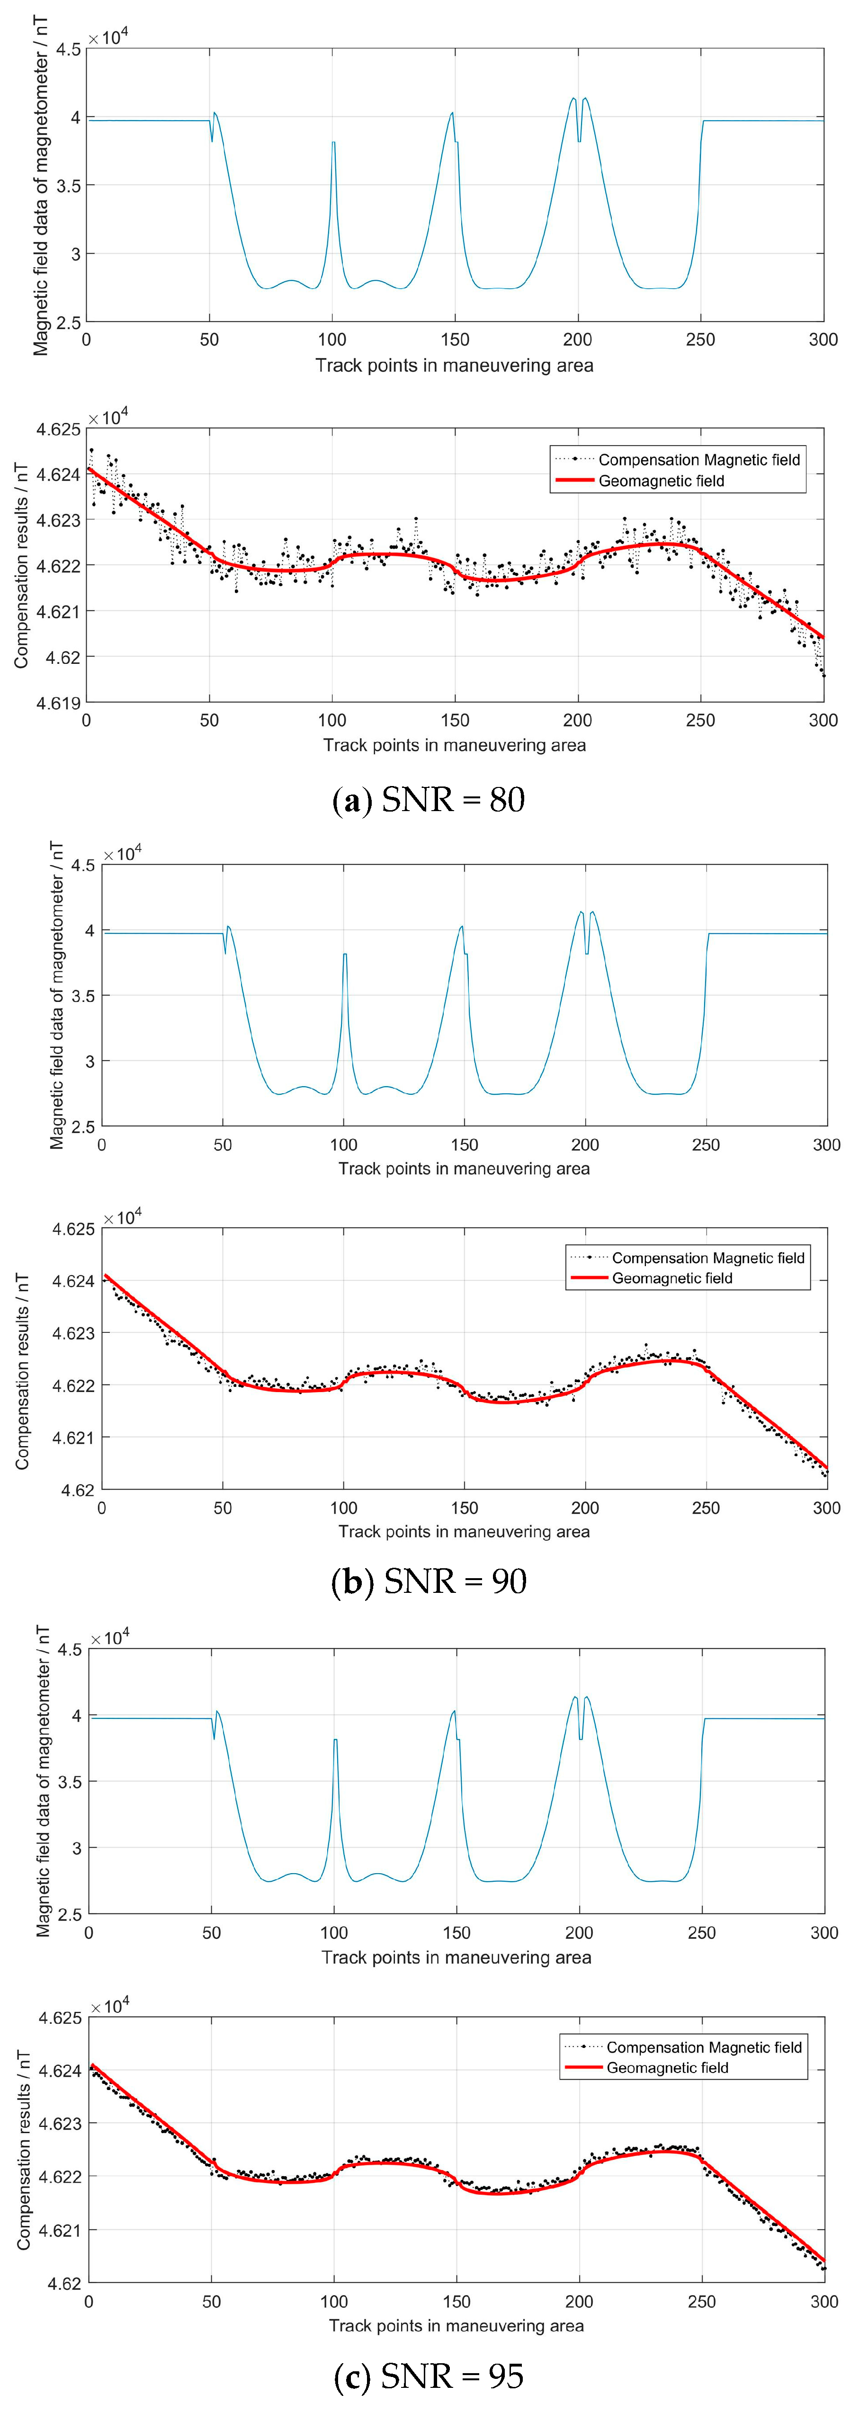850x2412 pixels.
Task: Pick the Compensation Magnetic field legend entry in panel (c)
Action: coord(704,2048)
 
